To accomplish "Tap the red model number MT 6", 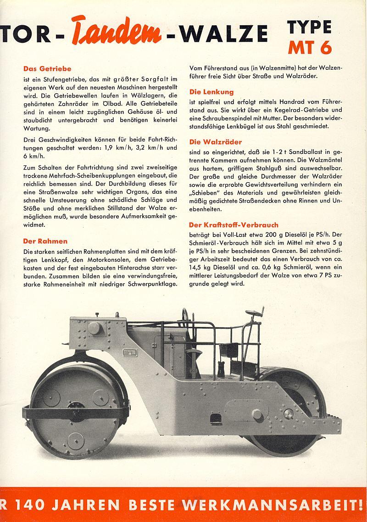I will [310, 47].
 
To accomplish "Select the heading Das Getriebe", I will [47, 69].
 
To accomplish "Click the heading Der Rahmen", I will [45, 241].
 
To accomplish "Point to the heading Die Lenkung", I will [211, 92].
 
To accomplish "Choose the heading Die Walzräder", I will [216, 142].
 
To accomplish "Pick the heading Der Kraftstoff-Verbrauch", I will [234, 225].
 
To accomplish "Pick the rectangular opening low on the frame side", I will [214, 419].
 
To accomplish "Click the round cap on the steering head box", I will [95, 328].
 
